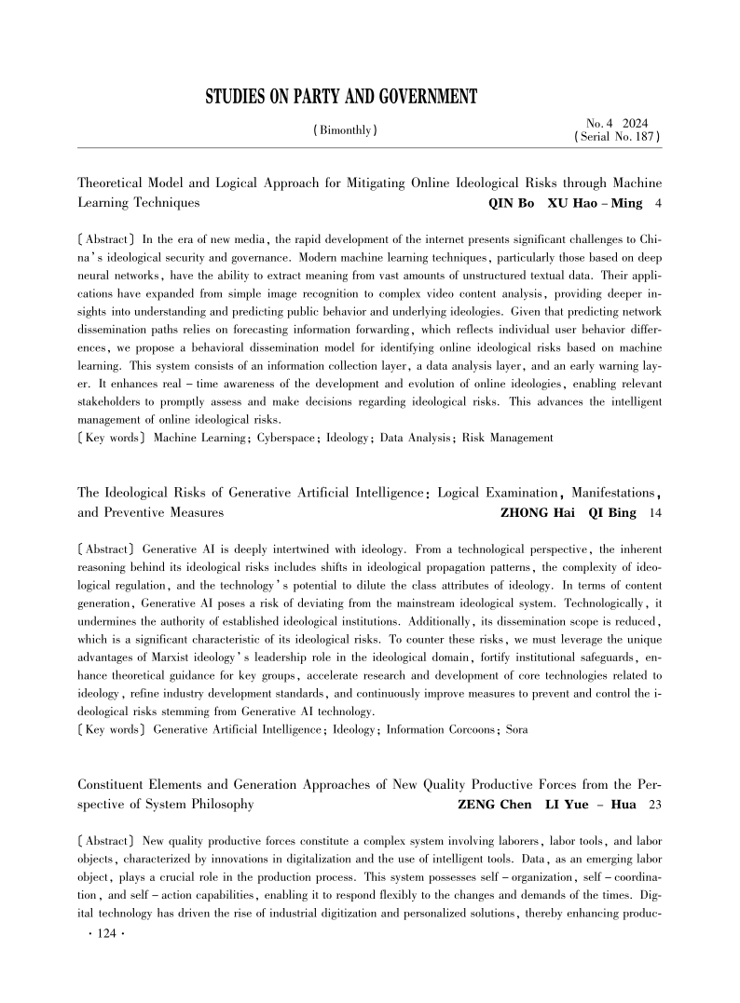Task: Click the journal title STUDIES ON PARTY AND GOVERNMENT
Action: tap(340, 97)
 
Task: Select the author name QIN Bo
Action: tap(512, 201)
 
